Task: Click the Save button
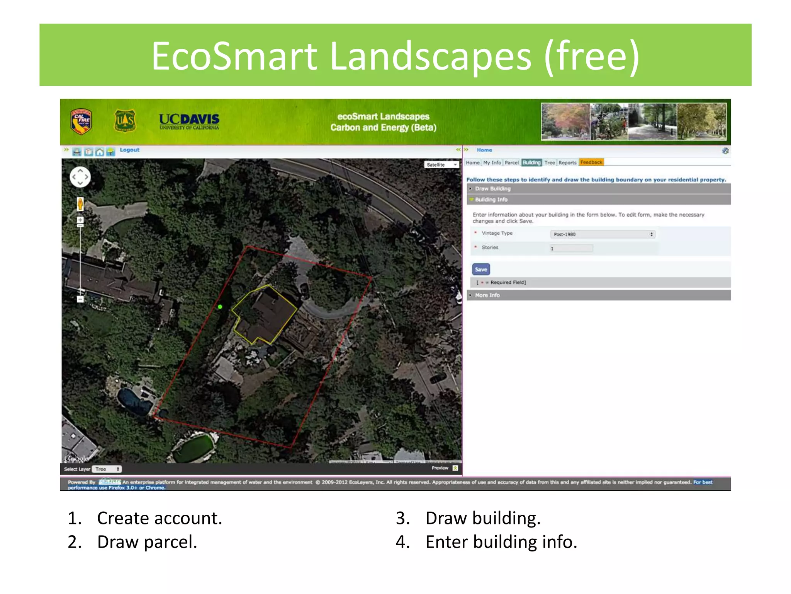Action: pyautogui.click(x=481, y=269)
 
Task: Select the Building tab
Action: pyautogui.click(x=531, y=162)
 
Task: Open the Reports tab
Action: pyautogui.click(x=567, y=162)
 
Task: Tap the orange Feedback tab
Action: pyautogui.click(x=591, y=162)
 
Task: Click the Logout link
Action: pyautogui.click(x=129, y=150)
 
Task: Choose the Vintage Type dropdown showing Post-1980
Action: pyautogui.click(x=602, y=234)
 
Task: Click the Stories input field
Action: pyautogui.click(x=571, y=248)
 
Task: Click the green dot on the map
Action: pyautogui.click(x=220, y=307)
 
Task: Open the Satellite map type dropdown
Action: pyautogui.click(x=441, y=165)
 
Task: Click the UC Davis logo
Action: pyautogui.click(x=189, y=121)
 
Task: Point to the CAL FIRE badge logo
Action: pyautogui.click(x=81, y=121)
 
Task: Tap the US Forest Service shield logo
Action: pyautogui.click(x=125, y=121)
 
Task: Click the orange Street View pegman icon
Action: pyautogui.click(x=80, y=204)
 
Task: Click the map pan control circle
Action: pyautogui.click(x=80, y=177)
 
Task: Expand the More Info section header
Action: pyautogui.click(x=487, y=295)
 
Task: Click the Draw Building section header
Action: pyautogui.click(x=493, y=189)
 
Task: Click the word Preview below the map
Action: pyautogui.click(x=440, y=468)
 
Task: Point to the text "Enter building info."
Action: pyautogui.click(x=501, y=542)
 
